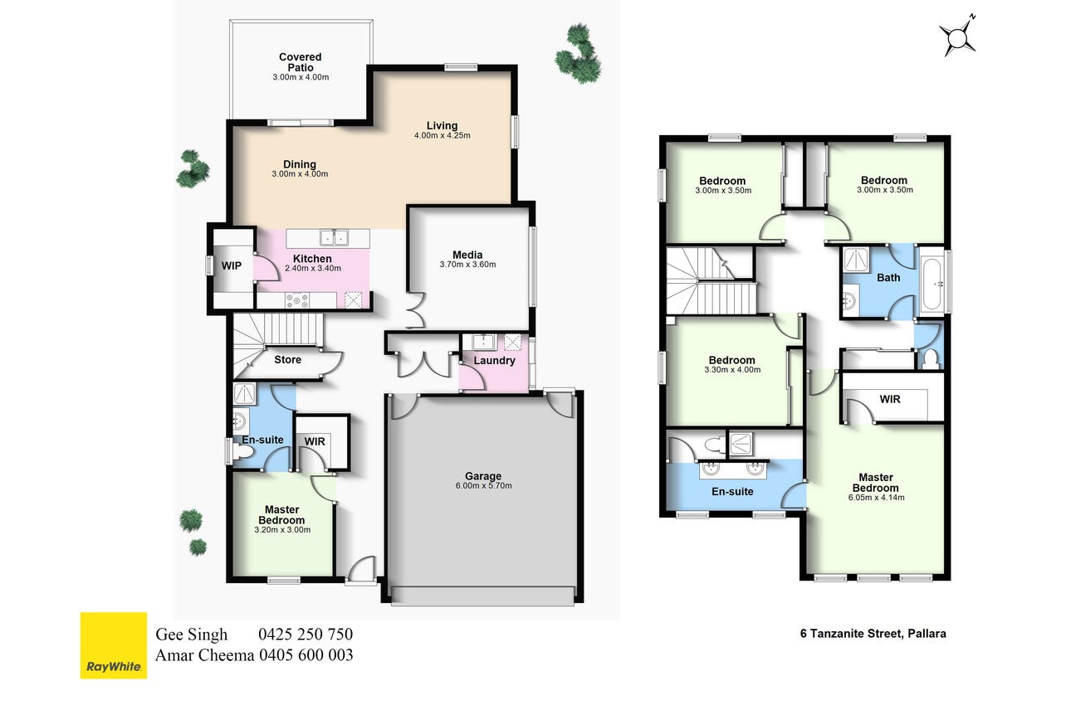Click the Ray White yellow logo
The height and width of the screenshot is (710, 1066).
coord(114,645)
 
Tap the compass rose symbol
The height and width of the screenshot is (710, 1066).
coord(957,36)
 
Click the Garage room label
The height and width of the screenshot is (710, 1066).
coord(483,476)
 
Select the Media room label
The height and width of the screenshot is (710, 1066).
coord(467,255)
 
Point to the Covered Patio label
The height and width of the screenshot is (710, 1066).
coord(301,62)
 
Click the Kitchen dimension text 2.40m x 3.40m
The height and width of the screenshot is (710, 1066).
coord(313,268)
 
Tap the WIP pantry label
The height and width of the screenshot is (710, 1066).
coord(232,265)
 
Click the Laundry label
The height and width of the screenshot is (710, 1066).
coord(495,361)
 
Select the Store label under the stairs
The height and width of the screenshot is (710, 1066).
coord(287,359)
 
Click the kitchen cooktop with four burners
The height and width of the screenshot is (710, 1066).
coord(297,300)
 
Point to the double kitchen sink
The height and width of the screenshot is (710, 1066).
coord(334,237)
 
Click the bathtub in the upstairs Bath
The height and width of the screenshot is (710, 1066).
coord(932,284)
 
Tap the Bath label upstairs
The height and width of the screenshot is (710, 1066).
coord(888,278)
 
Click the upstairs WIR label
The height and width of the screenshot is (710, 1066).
coord(890,400)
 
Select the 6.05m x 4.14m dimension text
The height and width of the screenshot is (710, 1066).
coord(876,498)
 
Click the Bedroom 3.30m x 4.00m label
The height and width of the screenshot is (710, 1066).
coord(732,364)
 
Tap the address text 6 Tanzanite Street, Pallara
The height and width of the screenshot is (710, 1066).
coord(873,634)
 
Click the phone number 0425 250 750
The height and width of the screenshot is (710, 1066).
coord(306,635)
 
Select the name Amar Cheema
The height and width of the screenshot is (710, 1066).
coord(204,655)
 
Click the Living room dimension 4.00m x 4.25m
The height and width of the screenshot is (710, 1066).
coord(443,135)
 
